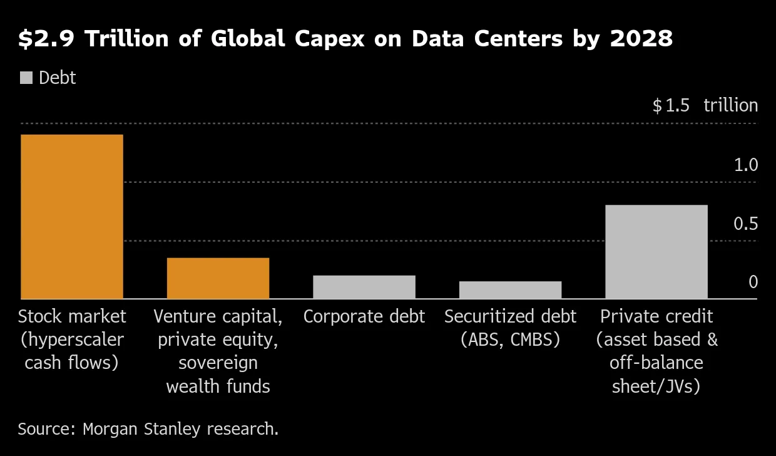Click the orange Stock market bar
72,217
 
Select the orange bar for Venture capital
218,278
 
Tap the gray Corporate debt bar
364,287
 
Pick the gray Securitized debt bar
510,290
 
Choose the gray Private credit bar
656,252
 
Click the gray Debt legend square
26,78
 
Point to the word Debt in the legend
57,78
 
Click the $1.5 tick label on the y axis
671,105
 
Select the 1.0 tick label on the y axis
745,165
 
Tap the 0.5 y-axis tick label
745,224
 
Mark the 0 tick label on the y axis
753,282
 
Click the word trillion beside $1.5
730,105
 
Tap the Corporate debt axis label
364,316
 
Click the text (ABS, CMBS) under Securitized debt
510,340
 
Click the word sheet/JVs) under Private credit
656,386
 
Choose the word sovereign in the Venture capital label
218,363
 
